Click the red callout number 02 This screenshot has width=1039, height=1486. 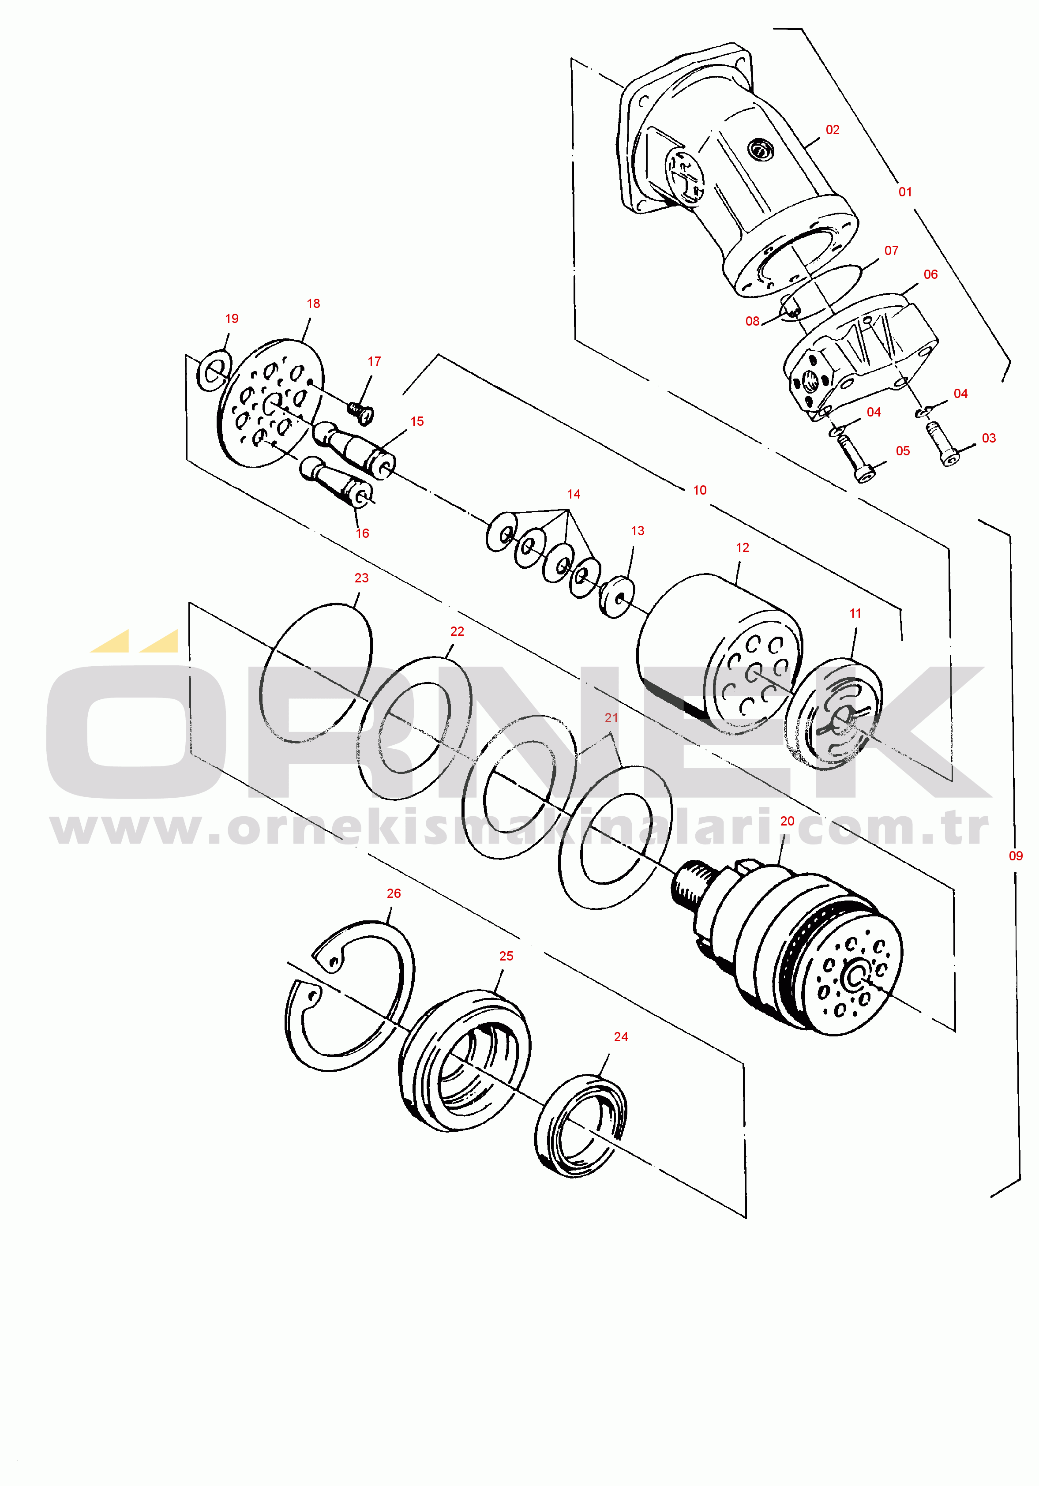[x=833, y=129]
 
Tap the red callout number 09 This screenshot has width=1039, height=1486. [x=1016, y=856]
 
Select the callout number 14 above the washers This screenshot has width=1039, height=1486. [x=574, y=494]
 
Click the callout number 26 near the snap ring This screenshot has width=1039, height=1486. [x=394, y=893]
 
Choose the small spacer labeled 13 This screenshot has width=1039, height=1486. [x=617, y=597]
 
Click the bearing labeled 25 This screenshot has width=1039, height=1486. [x=464, y=1062]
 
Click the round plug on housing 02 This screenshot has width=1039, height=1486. [x=760, y=150]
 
